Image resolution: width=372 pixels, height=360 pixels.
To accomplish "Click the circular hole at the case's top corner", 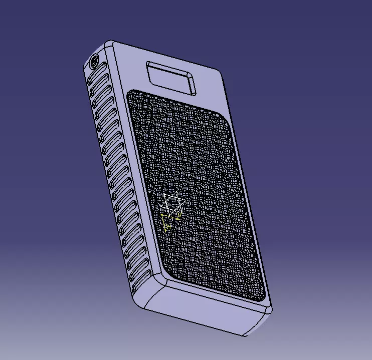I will click(94, 63).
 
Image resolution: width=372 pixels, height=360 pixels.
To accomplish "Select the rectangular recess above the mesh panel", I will click(170, 78).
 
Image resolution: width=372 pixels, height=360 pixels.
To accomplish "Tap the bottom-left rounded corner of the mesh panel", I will click(168, 274).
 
